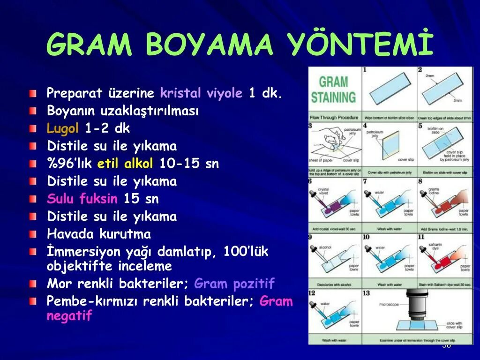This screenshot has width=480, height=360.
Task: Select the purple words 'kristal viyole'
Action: pyautogui.click(x=201, y=93)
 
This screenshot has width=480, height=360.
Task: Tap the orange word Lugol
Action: pyautogui.click(x=63, y=128)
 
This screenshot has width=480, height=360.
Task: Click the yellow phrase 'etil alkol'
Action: pyautogui.click(x=125, y=164)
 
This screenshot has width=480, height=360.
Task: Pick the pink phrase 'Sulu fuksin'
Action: pyautogui.click(x=82, y=199)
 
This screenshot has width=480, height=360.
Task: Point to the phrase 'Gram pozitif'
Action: pyautogui.click(x=234, y=284)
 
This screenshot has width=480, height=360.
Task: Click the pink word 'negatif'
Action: pyautogui.click(x=69, y=316)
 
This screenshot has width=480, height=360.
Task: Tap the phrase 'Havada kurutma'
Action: pyautogui.click(x=99, y=233)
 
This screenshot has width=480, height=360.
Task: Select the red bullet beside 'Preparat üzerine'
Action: pyautogui.click(x=32, y=94)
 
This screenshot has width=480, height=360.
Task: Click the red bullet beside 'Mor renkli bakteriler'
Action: pyautogui.click(x=32, y=284)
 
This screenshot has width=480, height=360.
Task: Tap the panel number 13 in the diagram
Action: pyautogui.click(x=366, y=293)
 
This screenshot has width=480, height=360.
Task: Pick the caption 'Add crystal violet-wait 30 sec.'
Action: pyautogui.click(x=334, y=229)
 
